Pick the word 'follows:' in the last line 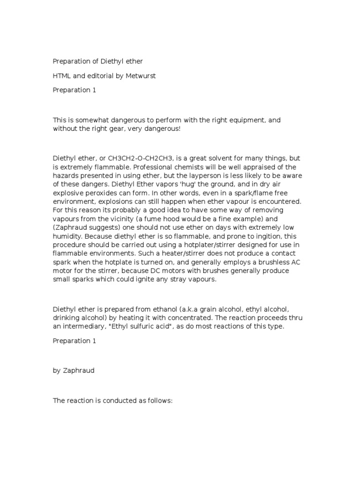click(x=160, y=402)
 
